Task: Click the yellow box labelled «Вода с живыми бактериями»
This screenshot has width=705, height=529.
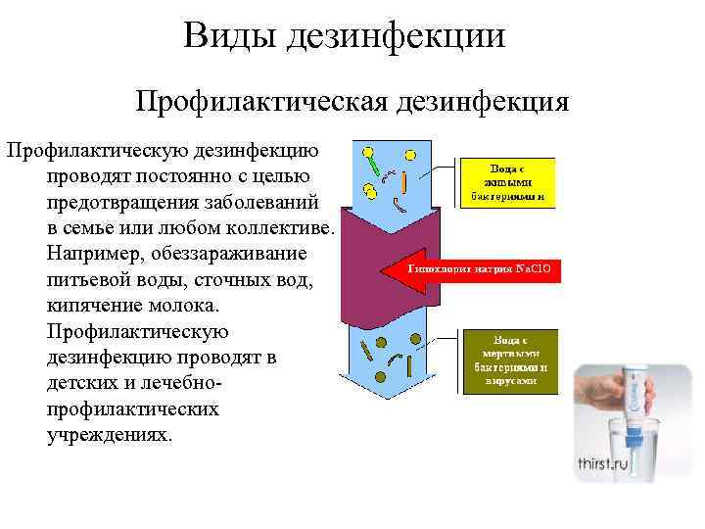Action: coord(506,182)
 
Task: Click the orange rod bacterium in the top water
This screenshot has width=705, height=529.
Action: coord(403,181)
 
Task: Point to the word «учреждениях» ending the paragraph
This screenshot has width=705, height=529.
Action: coord(109,434)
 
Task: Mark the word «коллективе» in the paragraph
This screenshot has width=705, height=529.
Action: coord(281,229)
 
